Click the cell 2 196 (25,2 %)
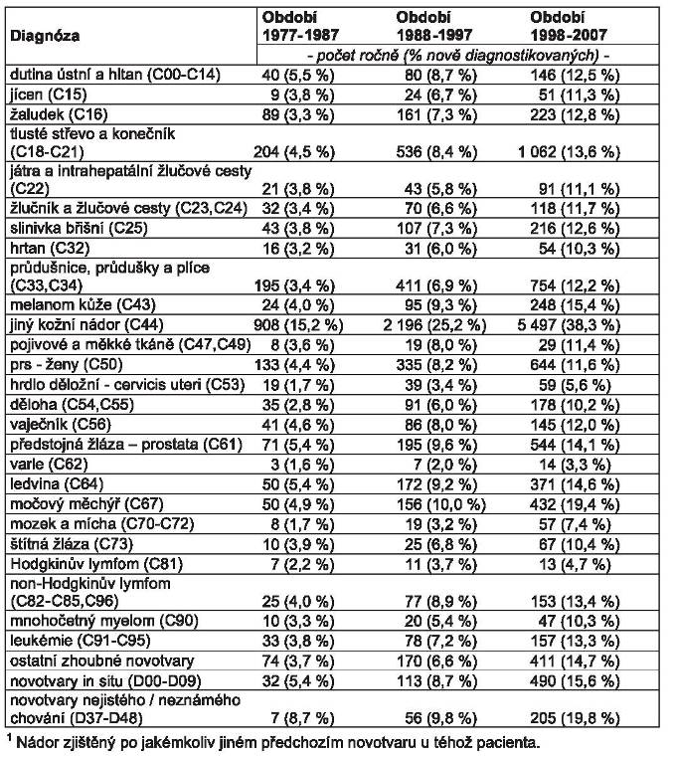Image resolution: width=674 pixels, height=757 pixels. point(425,323)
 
